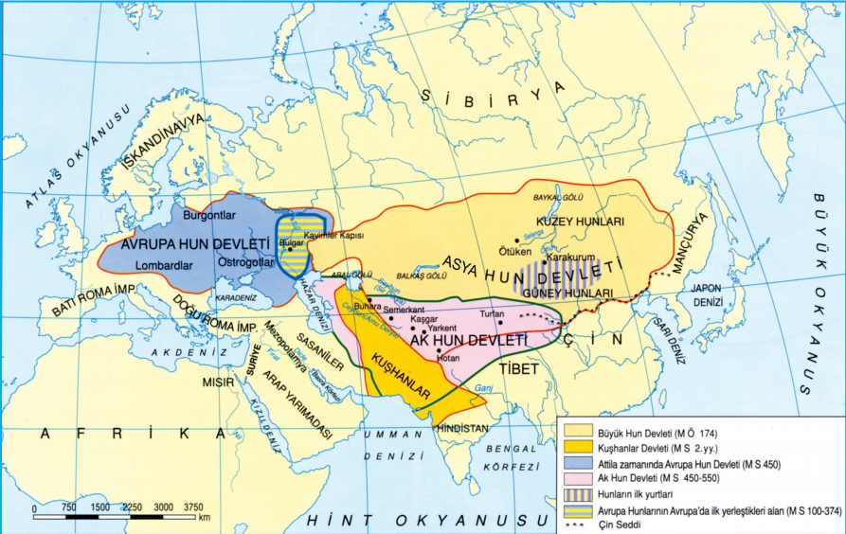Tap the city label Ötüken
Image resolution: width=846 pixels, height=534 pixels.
pyautogui.click(x=514, y=251)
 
